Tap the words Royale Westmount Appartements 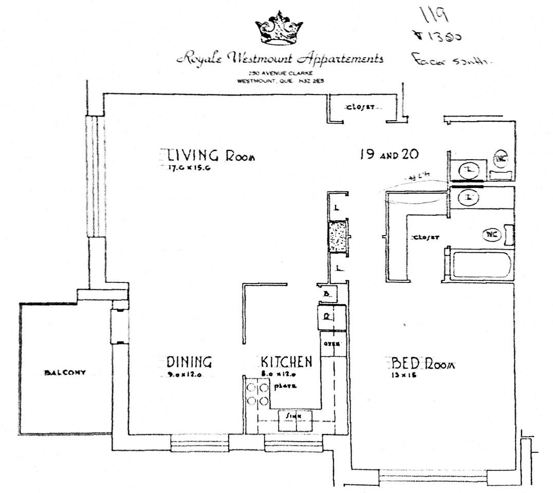pyautogui.click(x=281, y=58)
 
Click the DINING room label pyautogui.click(x=189, y=362)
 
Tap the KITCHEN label pyautogui.click(x=286, y=362)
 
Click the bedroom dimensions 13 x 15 pyautogui.click(x=403, y=375)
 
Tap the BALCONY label pyautogui.click(x=64, y=373)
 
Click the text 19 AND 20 pyautogui.click(x=390, y=154)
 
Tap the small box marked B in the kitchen pyautogui.click(x=326, y=294)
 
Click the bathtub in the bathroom pyautogui.click(x=481, y=264)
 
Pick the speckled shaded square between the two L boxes pyautogui.click(x=339, y=236)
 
